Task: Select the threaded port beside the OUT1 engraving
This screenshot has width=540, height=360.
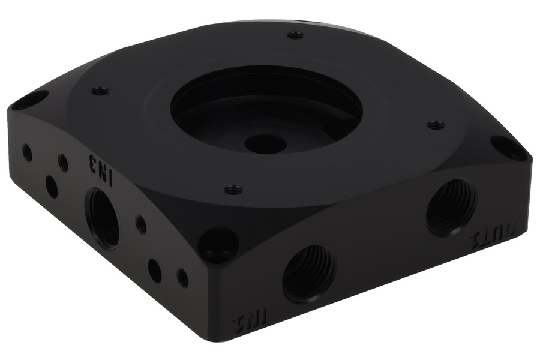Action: tap(451, 206)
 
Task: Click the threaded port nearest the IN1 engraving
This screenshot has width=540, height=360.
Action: tap(308, 274)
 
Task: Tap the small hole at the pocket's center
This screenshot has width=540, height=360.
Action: tap(265, 143)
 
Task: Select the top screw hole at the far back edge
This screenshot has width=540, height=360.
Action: tap(295, 35)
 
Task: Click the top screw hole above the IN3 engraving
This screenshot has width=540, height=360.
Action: tap(100, 91)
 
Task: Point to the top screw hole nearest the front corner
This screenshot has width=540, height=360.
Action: tap(233, 190)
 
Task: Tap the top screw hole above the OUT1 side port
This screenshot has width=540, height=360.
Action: tap(436, 125)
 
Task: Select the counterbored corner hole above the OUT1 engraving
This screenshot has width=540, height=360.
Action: tap(509, 146)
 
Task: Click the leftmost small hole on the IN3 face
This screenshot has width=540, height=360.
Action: tap(27, 152)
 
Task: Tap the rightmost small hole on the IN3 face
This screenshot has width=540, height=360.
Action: tap(182, 277)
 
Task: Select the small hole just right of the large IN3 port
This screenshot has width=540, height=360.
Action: tap(141, 225)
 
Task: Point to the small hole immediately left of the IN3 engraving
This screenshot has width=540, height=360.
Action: tap(63, 161)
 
